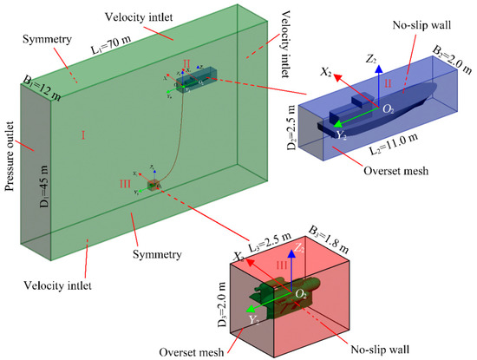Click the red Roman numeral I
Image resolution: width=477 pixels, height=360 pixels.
click(84, 135)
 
